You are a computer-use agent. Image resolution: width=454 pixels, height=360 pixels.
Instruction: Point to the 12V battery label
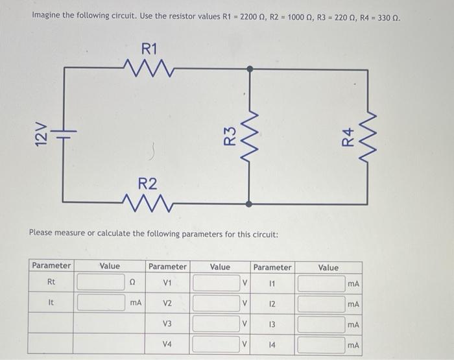(40, 137)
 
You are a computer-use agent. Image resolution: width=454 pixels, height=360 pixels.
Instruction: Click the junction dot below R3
(250, 203)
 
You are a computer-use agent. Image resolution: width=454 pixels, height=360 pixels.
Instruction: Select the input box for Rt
(101, 283)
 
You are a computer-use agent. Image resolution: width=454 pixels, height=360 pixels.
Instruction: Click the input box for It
(101, 302)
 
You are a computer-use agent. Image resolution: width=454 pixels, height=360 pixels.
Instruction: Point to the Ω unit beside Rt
(134, 283)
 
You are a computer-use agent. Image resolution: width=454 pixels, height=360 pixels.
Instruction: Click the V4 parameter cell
(167, 345)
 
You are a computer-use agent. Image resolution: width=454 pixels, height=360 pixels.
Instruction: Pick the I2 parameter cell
(272, 304)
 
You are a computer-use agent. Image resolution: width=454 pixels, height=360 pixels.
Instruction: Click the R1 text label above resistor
(149, 48)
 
